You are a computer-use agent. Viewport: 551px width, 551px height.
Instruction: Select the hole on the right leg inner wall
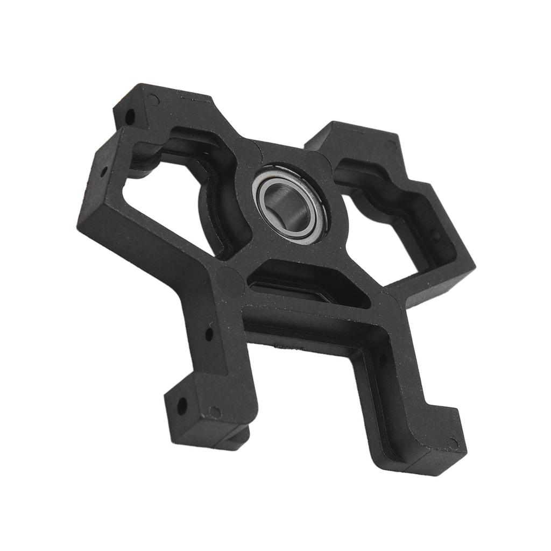click(383, 359)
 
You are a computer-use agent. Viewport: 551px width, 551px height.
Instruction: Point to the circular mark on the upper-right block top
click(391, 144)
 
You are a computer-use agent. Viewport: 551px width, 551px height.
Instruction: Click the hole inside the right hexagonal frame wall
click(436, 235)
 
